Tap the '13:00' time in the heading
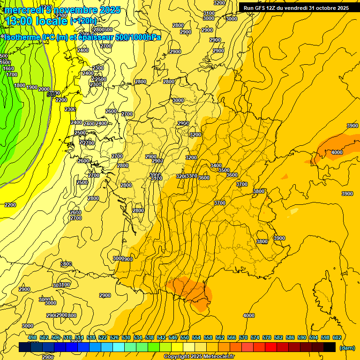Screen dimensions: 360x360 click(19, 21)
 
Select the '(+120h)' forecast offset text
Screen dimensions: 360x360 click(83, 21)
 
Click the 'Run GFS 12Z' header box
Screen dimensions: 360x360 click(296, 8)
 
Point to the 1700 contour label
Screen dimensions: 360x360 click(12, 75)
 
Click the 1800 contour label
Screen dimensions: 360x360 click(20, 85)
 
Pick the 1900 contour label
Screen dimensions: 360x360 click(32, 87)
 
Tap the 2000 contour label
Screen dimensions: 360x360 click(44, 89)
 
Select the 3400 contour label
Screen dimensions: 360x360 click(216, 165)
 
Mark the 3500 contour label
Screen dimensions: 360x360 click(224, 170)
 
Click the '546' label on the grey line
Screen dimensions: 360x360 click(51, 94)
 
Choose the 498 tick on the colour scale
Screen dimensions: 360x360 click(32, 337)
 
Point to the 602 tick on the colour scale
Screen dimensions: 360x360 click(337, 337)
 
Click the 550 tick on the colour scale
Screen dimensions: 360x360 click(184, 337)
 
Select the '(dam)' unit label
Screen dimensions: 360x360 click(346, 347)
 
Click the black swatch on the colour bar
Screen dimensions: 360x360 click(330, 347)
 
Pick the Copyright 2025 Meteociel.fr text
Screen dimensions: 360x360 click(199, 356)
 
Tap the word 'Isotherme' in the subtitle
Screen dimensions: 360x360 click(21, 37)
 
